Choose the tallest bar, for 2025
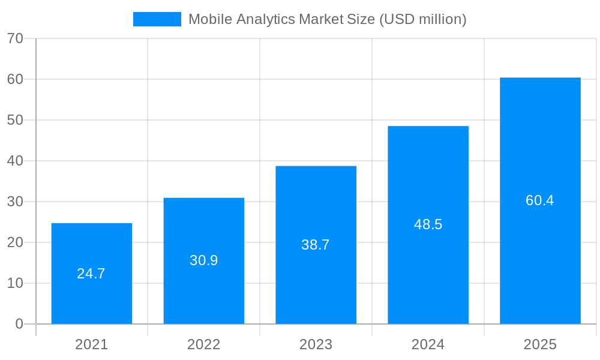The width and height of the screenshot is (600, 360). pyautogui.click(x=540, y=150)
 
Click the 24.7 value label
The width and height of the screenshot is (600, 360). pyautogui.click(x=91, y=274)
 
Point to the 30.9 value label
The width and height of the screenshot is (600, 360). pyautogui.click(x=203, y=260)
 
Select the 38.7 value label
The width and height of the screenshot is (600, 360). pyautogui.click(x=316, y=245)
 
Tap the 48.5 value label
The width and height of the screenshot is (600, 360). pyautogui.click(x=428, y=224)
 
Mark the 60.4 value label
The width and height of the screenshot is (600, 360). pyautogui.click(x=540, y=200)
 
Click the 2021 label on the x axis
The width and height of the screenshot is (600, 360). pyautogui.click(x=91, y=344)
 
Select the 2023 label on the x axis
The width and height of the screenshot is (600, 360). pyautogui.click(x=316, y=344)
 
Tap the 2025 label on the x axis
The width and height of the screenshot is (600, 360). pyautogui.click(x=540, y=344)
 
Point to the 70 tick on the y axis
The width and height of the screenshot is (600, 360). pyautogui.click(x=15, y=38)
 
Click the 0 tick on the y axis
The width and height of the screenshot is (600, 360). pyautogui.click(x=19, y=324)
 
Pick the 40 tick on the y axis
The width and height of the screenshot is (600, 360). pyautogui.click(x=15, y=161)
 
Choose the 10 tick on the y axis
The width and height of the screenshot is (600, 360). pyautogui.click(x=15, y=283)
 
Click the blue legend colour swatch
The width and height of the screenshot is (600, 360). pyautogui.click(x=157, y=19)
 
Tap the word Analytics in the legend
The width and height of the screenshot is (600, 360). pyautogui.click(x=264, y=19)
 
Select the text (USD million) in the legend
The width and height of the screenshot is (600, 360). pyautogui.click(x=422, y=19)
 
